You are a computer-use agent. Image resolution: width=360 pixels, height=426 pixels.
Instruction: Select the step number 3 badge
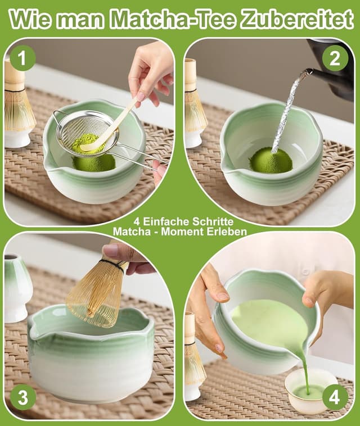tap(22, 397)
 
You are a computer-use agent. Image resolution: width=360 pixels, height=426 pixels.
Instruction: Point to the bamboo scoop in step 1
tap(110, 127)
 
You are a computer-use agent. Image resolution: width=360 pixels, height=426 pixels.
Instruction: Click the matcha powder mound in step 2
tap(271, 160)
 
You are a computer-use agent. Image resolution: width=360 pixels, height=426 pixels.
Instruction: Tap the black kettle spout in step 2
tap(308, 72)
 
